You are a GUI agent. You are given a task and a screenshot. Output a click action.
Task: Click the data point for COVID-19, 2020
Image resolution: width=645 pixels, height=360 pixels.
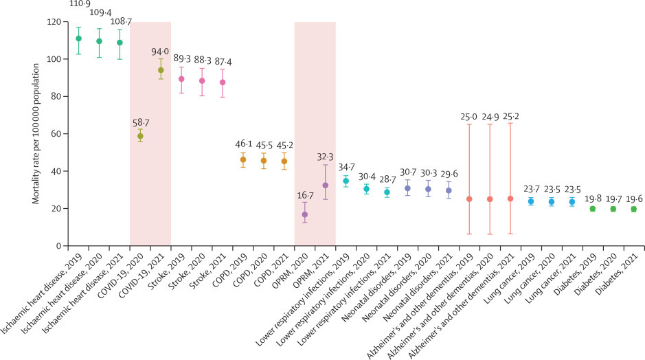tap(140, 136)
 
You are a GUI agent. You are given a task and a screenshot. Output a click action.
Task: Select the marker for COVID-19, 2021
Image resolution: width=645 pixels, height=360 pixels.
tap(161, 70)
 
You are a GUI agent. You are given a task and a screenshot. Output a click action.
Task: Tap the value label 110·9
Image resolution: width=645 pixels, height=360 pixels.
tap(78, 4)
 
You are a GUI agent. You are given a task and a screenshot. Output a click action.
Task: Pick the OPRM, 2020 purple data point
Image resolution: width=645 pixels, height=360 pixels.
tap(304, 214)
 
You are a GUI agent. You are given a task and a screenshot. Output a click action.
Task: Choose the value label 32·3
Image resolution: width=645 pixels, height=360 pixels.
tap(325, 157)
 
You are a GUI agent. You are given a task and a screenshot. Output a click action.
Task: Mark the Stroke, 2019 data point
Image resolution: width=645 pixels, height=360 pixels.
tap(181, 79)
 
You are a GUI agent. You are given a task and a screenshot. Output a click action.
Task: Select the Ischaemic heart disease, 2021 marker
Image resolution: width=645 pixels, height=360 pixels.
tap(120, 43)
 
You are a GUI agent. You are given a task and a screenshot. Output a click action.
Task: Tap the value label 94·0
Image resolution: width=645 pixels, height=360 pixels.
tap(161, 50)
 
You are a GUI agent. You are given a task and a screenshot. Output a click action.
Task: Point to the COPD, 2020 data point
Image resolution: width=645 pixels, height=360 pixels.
tap(263, 161)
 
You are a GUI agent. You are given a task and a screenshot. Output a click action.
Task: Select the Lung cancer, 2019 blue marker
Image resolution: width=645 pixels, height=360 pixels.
tap(530, 201)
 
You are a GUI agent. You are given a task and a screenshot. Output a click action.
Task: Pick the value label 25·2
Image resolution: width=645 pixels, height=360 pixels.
tap(510, 116)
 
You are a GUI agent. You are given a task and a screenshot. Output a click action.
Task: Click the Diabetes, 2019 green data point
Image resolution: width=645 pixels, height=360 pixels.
tap(592, 209)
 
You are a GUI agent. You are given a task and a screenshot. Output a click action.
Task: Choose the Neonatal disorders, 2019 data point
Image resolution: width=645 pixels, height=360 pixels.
tap(407, 188)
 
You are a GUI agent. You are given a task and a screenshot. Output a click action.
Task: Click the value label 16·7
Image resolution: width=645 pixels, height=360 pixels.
tap(304, 196)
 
